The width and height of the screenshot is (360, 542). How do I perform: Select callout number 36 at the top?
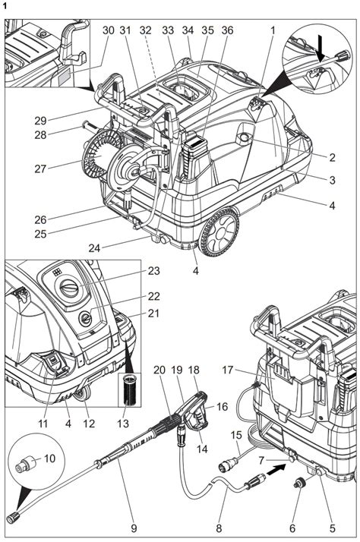coord(226,30)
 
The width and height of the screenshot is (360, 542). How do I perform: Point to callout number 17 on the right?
coord(226,371)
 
